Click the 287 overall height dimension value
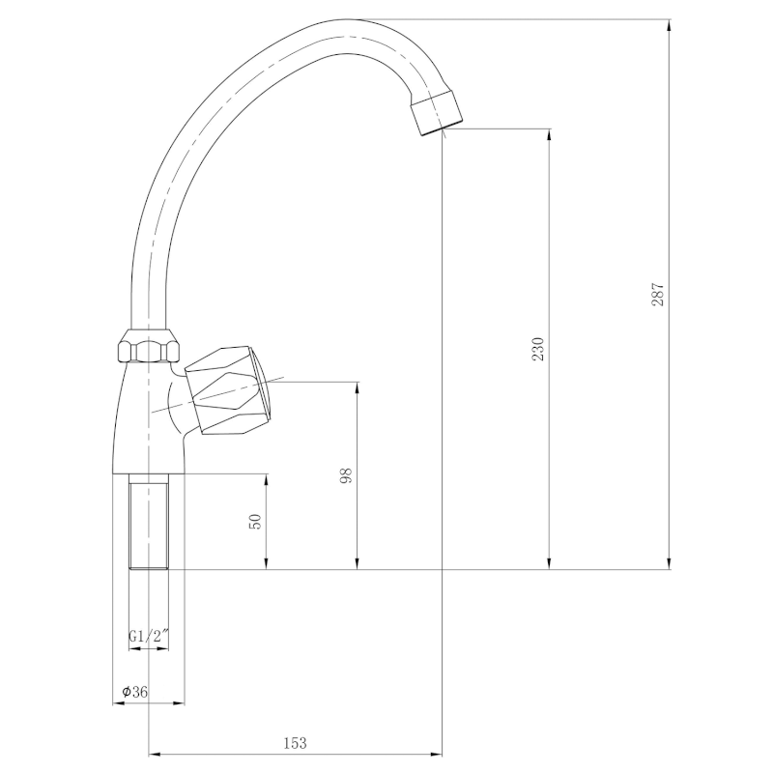pyautogui.click(x=658, y=295)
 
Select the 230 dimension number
pyautogui.click(x=538, y=349)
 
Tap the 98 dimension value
pyautogui.click(x=347, y=475)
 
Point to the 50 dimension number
pyautogui.click(x=255, y=522)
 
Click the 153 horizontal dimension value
pyautogui.click(x=295, y=742)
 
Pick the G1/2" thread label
pyautogui.click(x=149, y=636)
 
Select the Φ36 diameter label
pyautogui.click(x=134, y=692)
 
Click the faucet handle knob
pyautogui.click(x=229, y=390)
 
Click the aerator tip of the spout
pyautogui.click(x=437, y=112)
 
